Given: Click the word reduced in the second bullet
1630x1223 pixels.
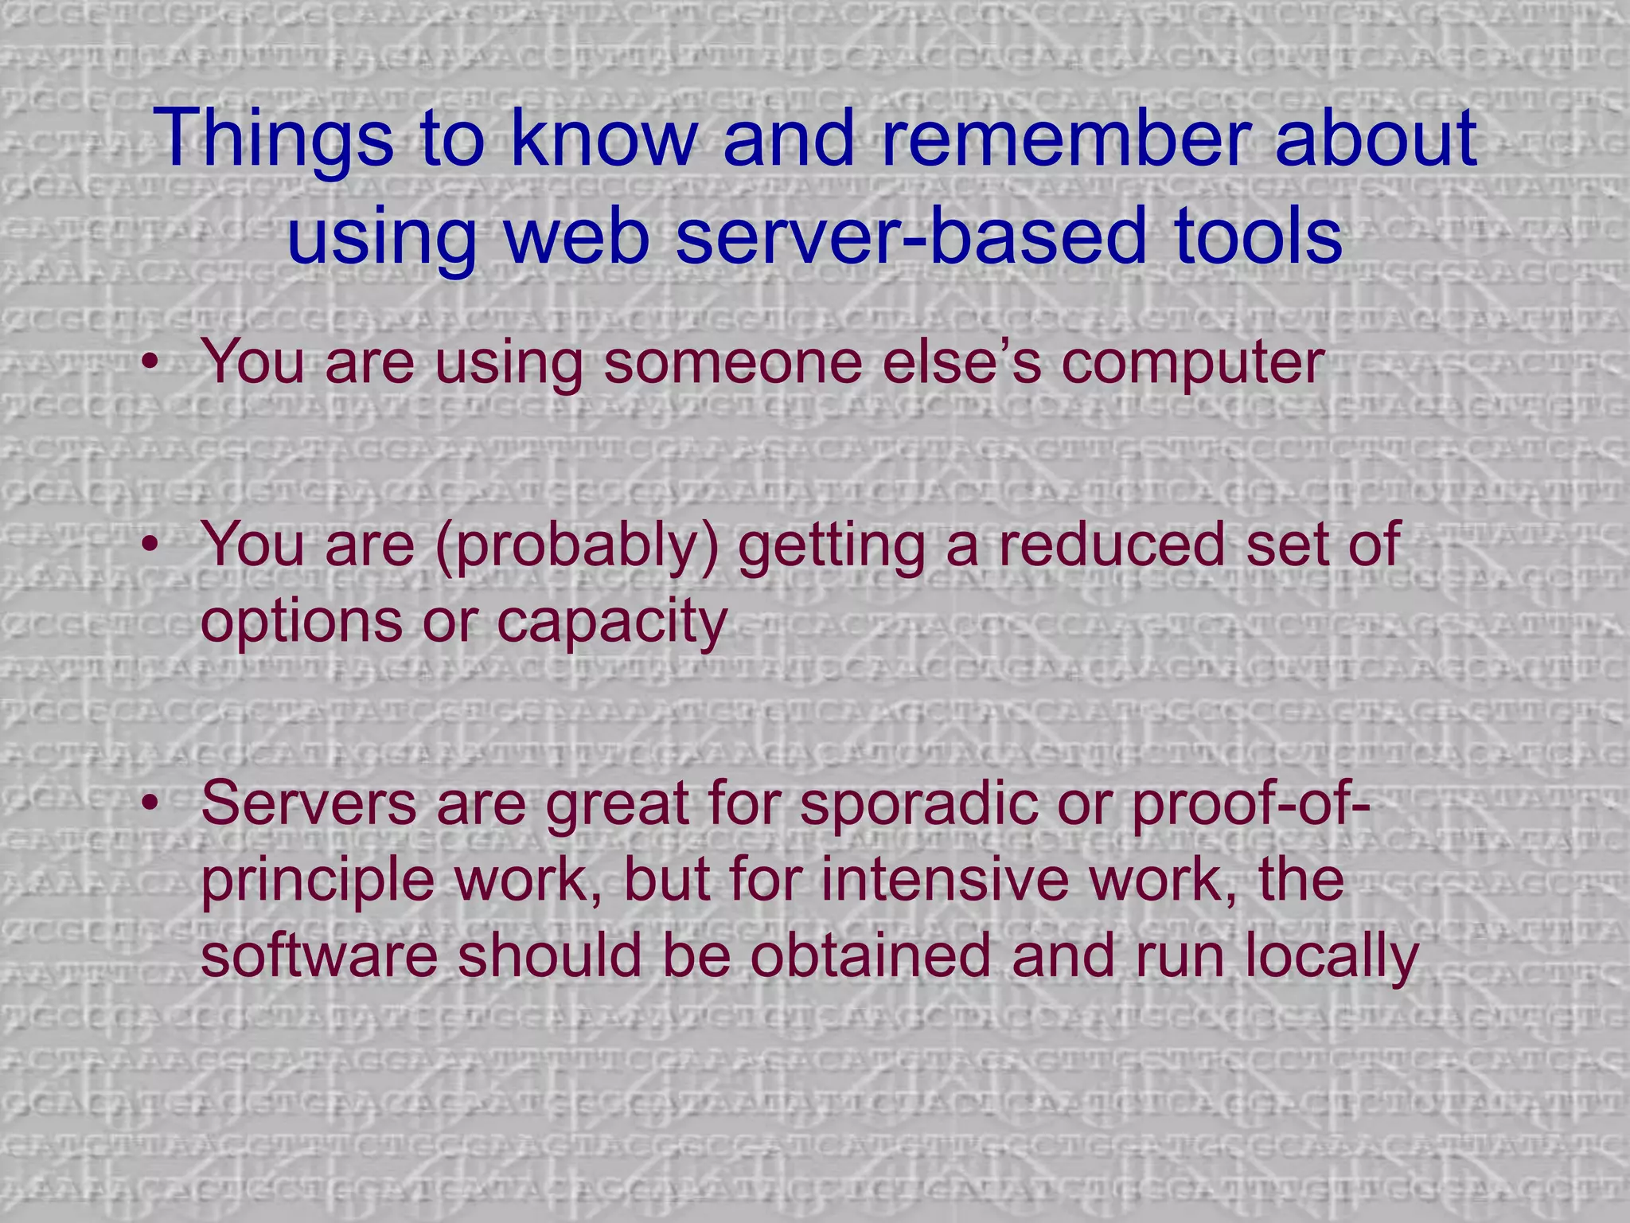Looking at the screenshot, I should tap(1111, 545).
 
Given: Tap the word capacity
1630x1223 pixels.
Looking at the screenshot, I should tap(613, 623).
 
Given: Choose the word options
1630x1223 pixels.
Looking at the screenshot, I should tap(302, 623).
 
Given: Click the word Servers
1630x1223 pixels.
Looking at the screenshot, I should tap(309, 803).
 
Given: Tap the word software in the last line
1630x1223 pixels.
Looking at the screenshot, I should tap(319, 955).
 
